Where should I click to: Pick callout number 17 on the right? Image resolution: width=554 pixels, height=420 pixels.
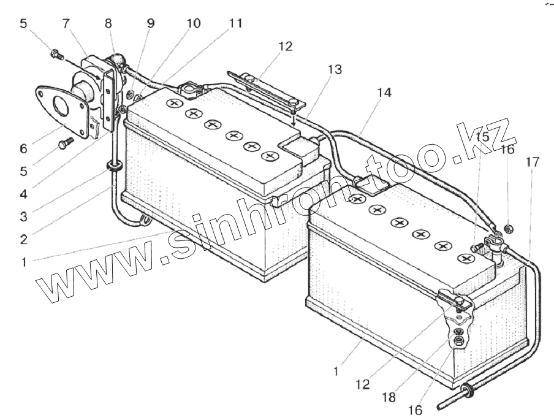pyautogui.click(x=533, y=162)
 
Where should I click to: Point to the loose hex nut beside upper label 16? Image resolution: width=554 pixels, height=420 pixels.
pyautogui.click(x=508, y=229)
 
